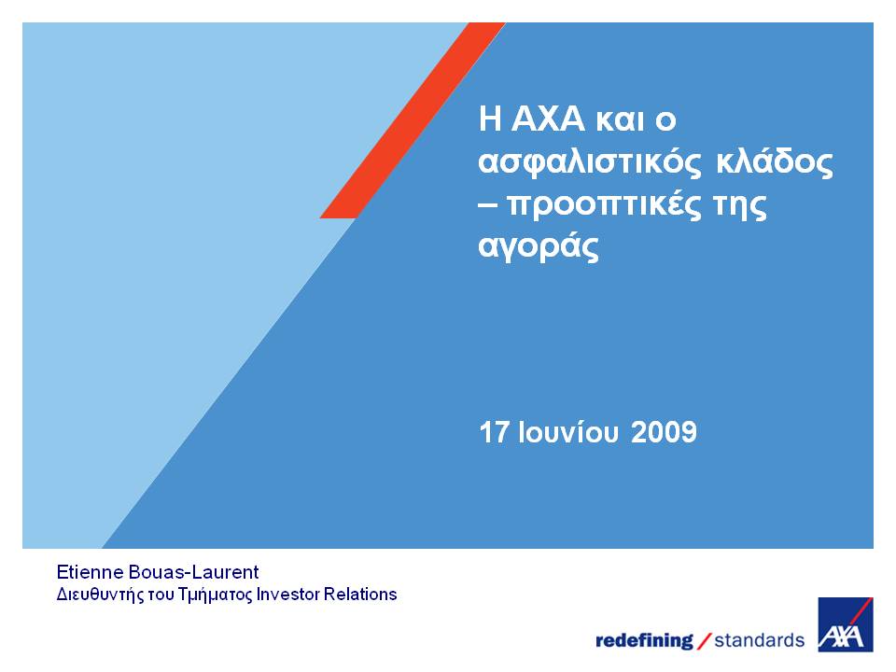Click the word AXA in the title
tap(548, 119)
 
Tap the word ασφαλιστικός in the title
tap(590, 162)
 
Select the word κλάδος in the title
tap(775, 161)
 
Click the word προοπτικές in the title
tap(604, 204)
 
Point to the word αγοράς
tap(539, 246)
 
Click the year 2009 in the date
tap(664, 432)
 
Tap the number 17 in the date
tap(494, 432)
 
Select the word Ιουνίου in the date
tap(568, 432)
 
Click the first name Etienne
tap(90, 572)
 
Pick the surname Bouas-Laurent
tap(194, 572)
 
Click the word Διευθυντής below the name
tap(100, 595)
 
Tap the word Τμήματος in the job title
tap(215, 595)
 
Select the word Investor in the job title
tap(288, 595)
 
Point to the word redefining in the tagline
tap(644, 640)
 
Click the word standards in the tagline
tap(759, 640)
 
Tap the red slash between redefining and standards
tap(705, 640)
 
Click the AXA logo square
tap(846, 624)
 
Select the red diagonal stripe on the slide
tap(413, 120)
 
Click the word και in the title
tap(620, 120)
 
